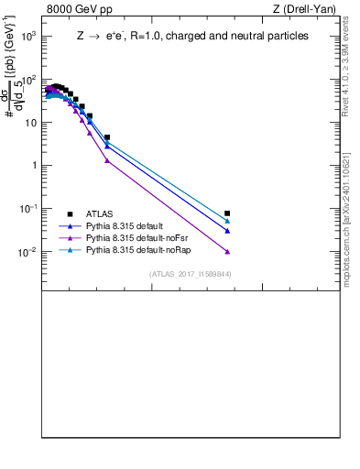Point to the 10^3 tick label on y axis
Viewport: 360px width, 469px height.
(29, 36)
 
